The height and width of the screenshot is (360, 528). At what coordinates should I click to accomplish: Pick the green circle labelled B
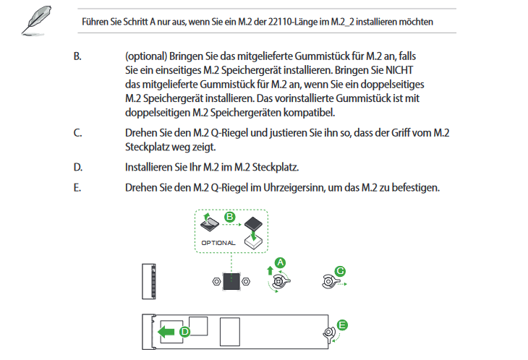[231, 216]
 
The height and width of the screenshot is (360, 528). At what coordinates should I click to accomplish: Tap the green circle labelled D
[184, 332]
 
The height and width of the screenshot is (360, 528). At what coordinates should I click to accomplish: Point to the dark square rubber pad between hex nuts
[231, 280]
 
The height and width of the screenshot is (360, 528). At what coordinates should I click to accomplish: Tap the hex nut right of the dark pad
[248, 280]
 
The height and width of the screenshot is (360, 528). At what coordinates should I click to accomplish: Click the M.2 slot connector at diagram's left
[149, 281]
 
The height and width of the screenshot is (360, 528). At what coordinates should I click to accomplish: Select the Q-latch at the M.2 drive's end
[329, 333]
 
